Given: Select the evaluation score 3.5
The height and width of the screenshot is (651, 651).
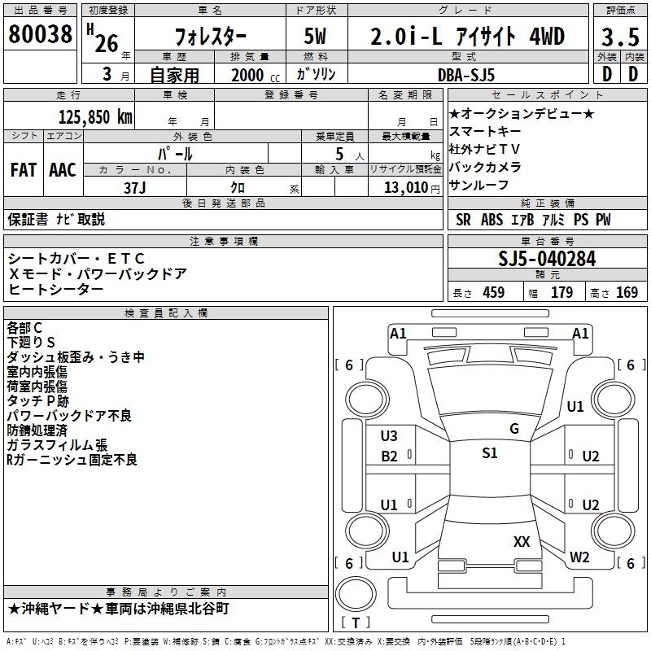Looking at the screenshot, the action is (x=619, y=37).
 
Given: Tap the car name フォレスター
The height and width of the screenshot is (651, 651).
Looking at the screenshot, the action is (x=212, y=37).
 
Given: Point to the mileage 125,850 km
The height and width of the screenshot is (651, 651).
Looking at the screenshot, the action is (x=95, y=116).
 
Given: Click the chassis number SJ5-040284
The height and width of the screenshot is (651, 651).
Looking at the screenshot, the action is (x=547, y=260).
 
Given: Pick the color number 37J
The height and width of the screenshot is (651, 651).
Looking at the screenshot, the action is (x=135, y=186).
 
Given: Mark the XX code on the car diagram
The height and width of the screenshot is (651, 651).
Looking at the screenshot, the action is (x=522, y=540).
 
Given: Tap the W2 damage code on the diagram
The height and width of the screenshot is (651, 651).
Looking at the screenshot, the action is (x=579, y=557).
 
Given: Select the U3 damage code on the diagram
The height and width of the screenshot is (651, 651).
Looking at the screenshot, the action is (x=389, y=436).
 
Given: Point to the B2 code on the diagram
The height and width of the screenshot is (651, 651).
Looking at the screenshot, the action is (x=390, y=457).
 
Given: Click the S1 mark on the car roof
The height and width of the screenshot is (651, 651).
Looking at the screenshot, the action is (x=489, y=453).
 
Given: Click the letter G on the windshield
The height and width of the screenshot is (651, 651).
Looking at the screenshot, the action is (x=514, y=428).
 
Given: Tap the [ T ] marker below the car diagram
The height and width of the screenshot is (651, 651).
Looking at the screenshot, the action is (x=356, y=623).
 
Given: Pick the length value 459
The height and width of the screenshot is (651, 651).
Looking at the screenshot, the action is (x=493, y=293).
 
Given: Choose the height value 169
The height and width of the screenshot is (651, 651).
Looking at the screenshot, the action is (x=627, y=293).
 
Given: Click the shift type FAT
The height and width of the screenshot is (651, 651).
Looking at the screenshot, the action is (x=23, y=170).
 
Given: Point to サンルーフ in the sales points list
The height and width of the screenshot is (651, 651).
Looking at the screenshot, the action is (x=474, y=185).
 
